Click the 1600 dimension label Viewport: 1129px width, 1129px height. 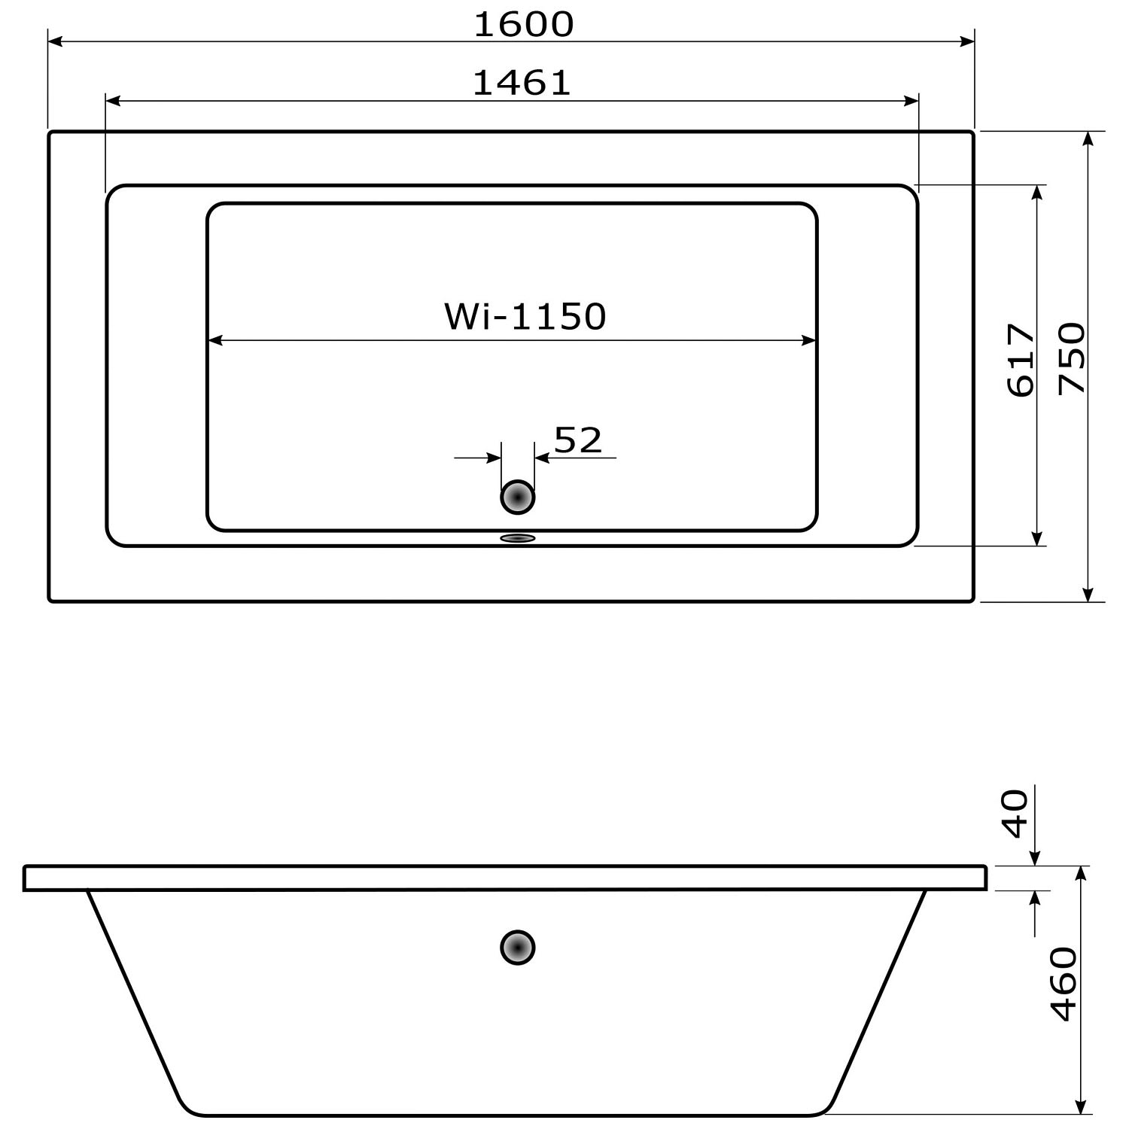(524, 25)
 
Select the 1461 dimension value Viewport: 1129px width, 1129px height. (522, 83)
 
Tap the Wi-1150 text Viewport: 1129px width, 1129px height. (525, 317)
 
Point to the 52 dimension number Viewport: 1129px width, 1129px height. (578, 440)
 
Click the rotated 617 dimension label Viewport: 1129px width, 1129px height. (1021, 360)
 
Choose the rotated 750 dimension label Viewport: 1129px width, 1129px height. (1072, 358)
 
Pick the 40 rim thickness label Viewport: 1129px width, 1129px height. (1016, 814)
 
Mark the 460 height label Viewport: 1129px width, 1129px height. (1064, 984)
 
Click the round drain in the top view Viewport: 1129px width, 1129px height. (518, 498)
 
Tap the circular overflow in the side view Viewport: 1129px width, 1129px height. (518, 948)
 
